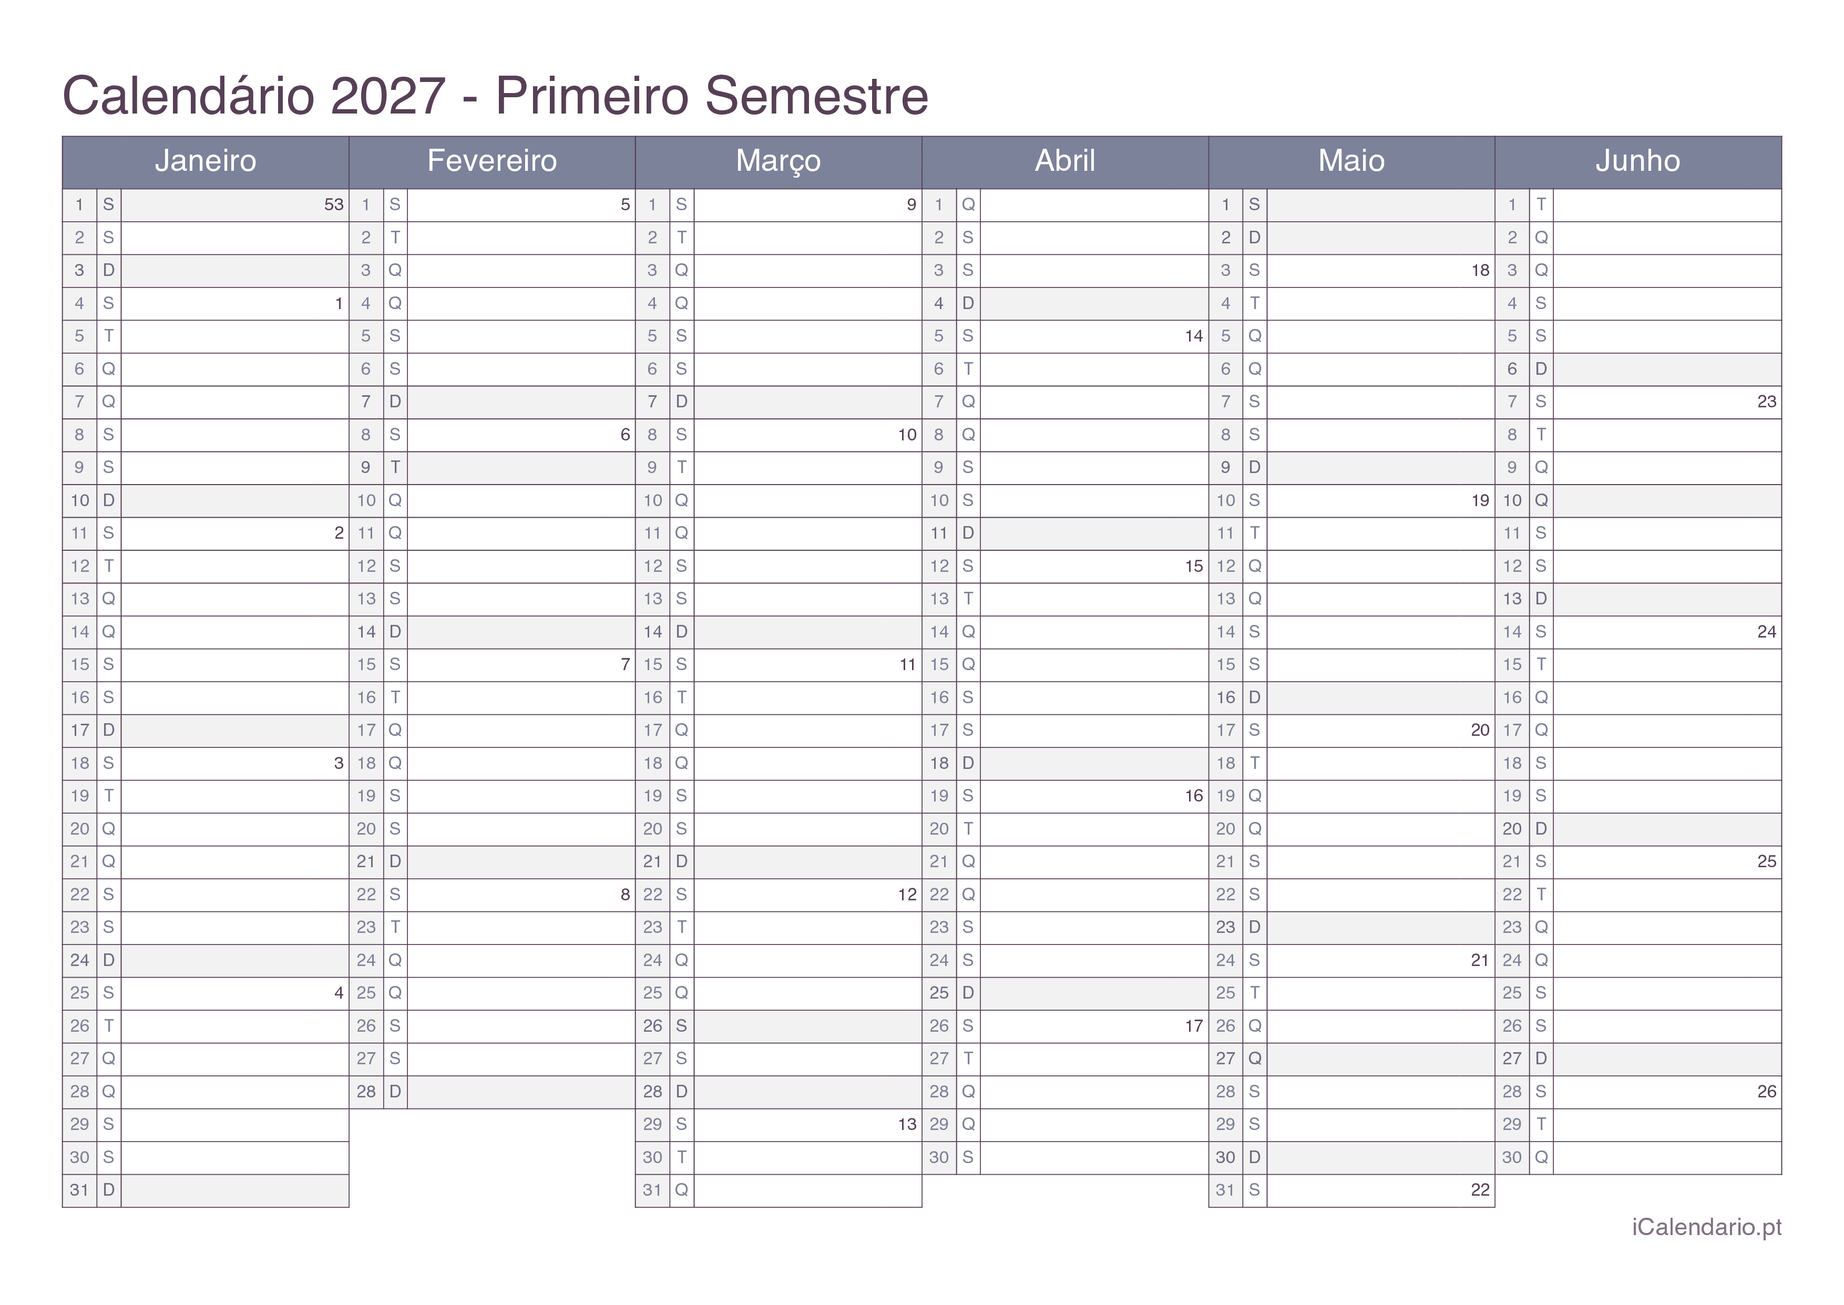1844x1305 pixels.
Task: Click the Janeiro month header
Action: tap(205, 161)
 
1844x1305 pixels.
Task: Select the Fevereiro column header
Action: tap(491, 161)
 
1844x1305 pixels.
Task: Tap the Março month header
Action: tap(778, 161)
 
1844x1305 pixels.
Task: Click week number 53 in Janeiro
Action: tap(333, 205)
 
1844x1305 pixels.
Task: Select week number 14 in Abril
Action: tap(1193, 336)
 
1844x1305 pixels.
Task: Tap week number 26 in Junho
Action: tap(1766, 1091)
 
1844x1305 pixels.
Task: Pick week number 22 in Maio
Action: tap(1480, 1190)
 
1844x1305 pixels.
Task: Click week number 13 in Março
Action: tap(907, 1124)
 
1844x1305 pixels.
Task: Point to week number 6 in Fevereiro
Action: tap(625, 435)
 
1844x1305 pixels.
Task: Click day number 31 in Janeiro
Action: tap(79, 1190)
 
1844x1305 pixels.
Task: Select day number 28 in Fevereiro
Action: tap(366, 1091)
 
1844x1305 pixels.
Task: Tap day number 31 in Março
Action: tap(652, 1190)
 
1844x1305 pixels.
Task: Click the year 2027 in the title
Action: tap(387, 96)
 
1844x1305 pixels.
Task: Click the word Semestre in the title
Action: tap(816, 96)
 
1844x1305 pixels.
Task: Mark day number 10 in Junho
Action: tap(1512, 501)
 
